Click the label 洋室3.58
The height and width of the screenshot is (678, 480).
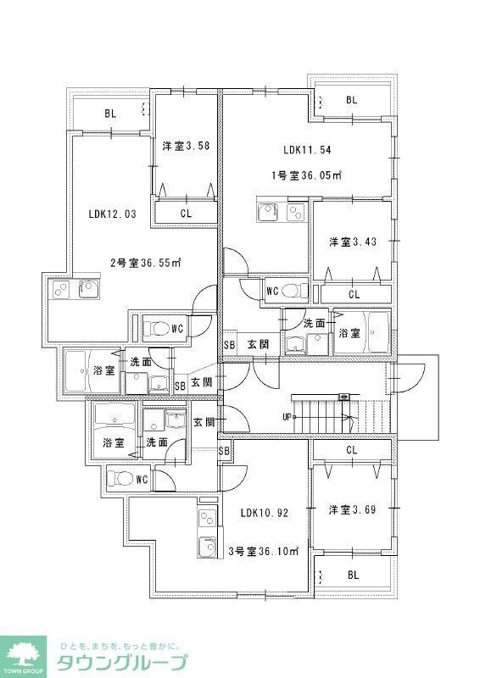coord(186,146)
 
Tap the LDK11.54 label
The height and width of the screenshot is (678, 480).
coord(307,150)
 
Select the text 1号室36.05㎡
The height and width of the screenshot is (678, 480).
coord(305,175)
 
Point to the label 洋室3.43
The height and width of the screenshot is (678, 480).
coord(352,242)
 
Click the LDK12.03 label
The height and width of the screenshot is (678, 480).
coord(111,214)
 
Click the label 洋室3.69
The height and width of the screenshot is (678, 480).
coord(352,509)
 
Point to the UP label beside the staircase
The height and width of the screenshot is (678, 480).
coord(288,417)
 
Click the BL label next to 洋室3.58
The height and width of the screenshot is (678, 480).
coord(110,112)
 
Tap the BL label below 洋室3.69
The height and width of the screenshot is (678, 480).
coord(351,575)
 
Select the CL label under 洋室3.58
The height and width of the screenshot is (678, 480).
coord(186,214)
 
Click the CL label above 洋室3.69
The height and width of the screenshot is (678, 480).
coord(351,450)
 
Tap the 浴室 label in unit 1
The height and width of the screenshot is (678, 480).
coord(349,334)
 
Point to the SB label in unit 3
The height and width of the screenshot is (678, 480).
coord(224,451)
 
